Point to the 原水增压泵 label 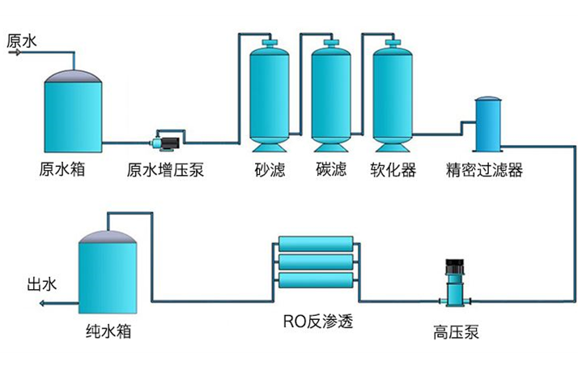(165, 171)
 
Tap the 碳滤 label (331, 171)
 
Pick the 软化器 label (393, 171)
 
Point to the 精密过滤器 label (485, 171)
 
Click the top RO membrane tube (315, 244)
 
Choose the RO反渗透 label (317, 322)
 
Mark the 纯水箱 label (108, 332)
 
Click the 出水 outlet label (42, 284)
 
